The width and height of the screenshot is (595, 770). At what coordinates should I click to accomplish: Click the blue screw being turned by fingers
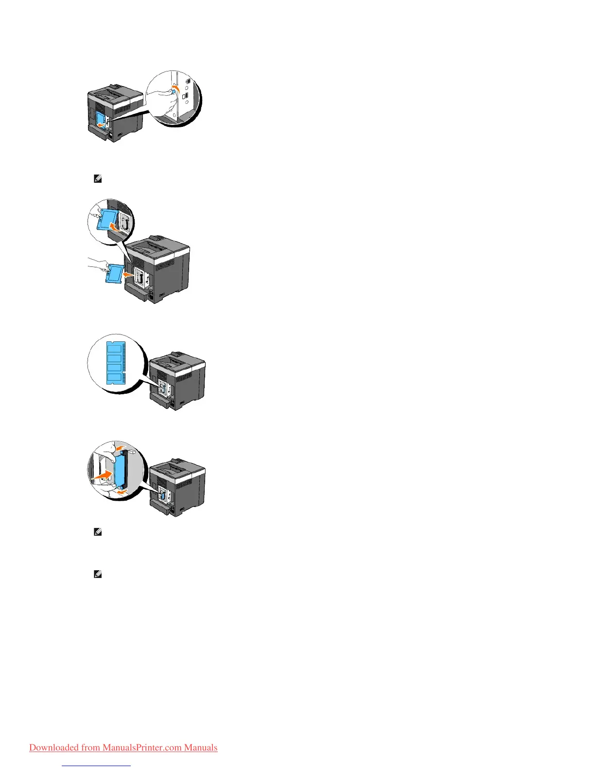[174, 91]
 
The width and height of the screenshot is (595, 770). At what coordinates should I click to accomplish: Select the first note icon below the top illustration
[97, 179]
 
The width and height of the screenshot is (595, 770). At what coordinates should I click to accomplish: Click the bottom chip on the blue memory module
[114, 378]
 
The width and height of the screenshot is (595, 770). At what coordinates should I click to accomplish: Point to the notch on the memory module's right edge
[124, 370]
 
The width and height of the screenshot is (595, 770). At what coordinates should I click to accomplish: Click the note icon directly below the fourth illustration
[97, 532]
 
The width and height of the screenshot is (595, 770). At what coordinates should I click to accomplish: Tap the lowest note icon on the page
[97, 575]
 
